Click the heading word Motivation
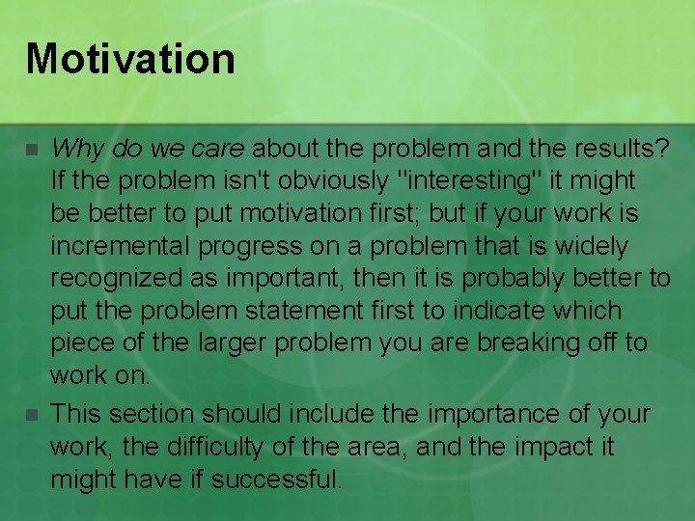pos(130,58)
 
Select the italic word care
pos(219,149)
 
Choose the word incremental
pos(122,247)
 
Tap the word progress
pos(254,247)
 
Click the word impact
pos(559,448)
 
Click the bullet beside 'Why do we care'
pos(32,151)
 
